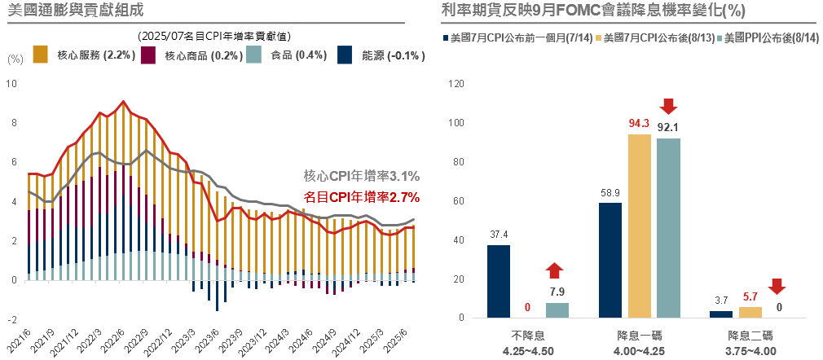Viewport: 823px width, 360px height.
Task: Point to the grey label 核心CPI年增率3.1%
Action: coord(361,176)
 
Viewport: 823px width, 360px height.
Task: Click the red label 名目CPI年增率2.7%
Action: coord(361,196)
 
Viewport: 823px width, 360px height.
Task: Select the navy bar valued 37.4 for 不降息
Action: coord(499,281)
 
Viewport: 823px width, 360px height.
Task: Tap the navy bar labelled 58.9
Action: coord(610,260)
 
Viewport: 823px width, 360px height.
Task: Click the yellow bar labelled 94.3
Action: coord(640,226)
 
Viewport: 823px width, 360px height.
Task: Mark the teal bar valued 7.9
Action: coord(557,310)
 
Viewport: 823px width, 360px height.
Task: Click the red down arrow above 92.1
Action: coord(668,106)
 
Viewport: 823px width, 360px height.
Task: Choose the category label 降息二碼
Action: coord(750,336)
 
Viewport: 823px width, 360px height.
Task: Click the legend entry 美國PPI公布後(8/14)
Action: coord(770,37)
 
